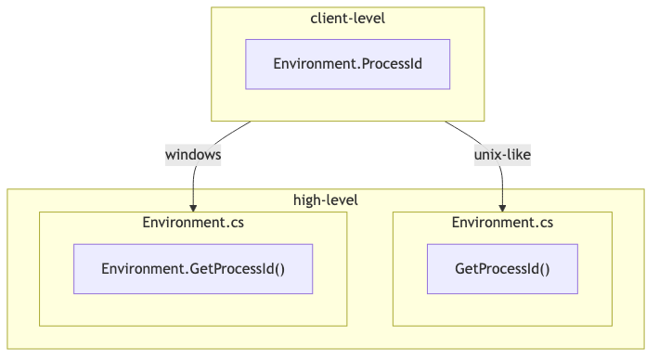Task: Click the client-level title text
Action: point(347,19)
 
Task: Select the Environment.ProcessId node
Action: point(347,64)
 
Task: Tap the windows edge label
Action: point(193,155)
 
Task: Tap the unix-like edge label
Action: point(502,155)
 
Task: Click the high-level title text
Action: point(325,199)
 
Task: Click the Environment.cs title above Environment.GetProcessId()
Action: point(193,223)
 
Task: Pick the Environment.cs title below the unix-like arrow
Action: point(502,223)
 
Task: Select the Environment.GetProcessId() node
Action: point(193,269)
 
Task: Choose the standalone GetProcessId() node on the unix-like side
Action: point(502,269)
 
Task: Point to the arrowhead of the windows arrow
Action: point(193,207)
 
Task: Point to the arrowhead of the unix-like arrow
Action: point(502,207)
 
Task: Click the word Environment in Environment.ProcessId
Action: point(311,64)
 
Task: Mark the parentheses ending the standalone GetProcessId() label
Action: point(545,269)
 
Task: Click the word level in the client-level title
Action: point(368,19)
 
